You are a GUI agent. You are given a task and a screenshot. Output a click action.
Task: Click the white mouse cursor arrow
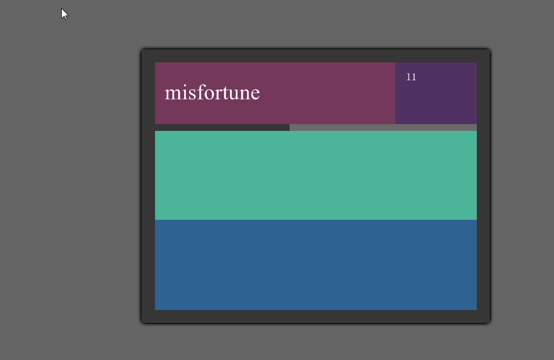pos(64,14)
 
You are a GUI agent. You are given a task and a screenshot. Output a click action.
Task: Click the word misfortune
pos(212,93)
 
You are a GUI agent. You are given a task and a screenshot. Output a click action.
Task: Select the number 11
pos(411,77)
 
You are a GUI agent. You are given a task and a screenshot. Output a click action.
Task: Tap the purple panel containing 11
pos(436,93)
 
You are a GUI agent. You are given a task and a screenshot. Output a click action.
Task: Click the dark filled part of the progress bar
pos(222,128)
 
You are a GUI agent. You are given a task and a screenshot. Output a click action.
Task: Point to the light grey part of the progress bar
pos(383,128)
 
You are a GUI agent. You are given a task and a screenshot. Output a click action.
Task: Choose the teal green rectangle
pos(316,175)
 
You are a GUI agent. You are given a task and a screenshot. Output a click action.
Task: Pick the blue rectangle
pos(316,265)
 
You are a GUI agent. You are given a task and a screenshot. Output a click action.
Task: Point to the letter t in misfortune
pos(224,94)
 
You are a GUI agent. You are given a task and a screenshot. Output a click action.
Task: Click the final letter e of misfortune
pos(255,94)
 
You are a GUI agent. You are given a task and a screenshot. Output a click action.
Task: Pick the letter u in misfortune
pos(233,94)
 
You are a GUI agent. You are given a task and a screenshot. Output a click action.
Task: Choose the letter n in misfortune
pos(245,94)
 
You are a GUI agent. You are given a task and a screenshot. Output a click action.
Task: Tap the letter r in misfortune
pos(217,94)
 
